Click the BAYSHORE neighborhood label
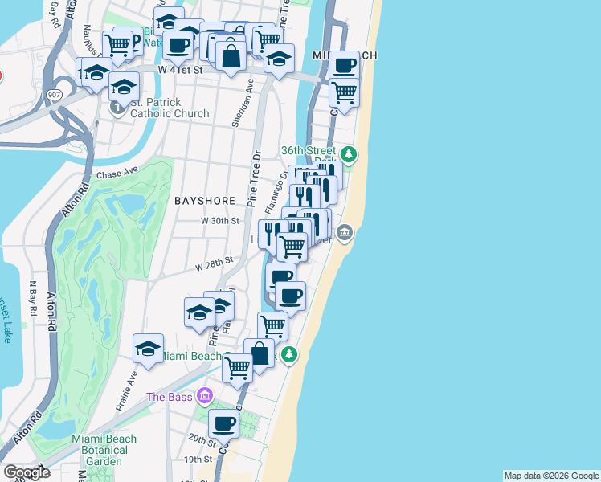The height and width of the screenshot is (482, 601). coord(205,200)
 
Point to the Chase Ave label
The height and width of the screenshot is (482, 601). coord(117,174)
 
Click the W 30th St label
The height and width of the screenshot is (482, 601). coord(220,220)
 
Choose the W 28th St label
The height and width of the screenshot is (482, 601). coord(214,262)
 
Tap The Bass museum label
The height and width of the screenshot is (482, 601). coord(170,397)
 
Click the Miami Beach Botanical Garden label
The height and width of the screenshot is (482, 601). coord(104,450)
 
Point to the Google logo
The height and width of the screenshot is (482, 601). coord(27,472)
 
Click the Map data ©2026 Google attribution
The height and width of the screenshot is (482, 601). coord(551,476)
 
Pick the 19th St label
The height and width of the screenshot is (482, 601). coord(196,460)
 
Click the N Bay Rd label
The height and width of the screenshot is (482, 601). coord(34,296)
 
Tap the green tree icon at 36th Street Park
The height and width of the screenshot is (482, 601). coord(348,153)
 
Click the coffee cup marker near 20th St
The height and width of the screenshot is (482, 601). coord(224,423)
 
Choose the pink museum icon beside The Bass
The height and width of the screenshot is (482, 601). coord(205,396)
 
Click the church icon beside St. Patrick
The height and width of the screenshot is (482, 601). coord(119,107)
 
